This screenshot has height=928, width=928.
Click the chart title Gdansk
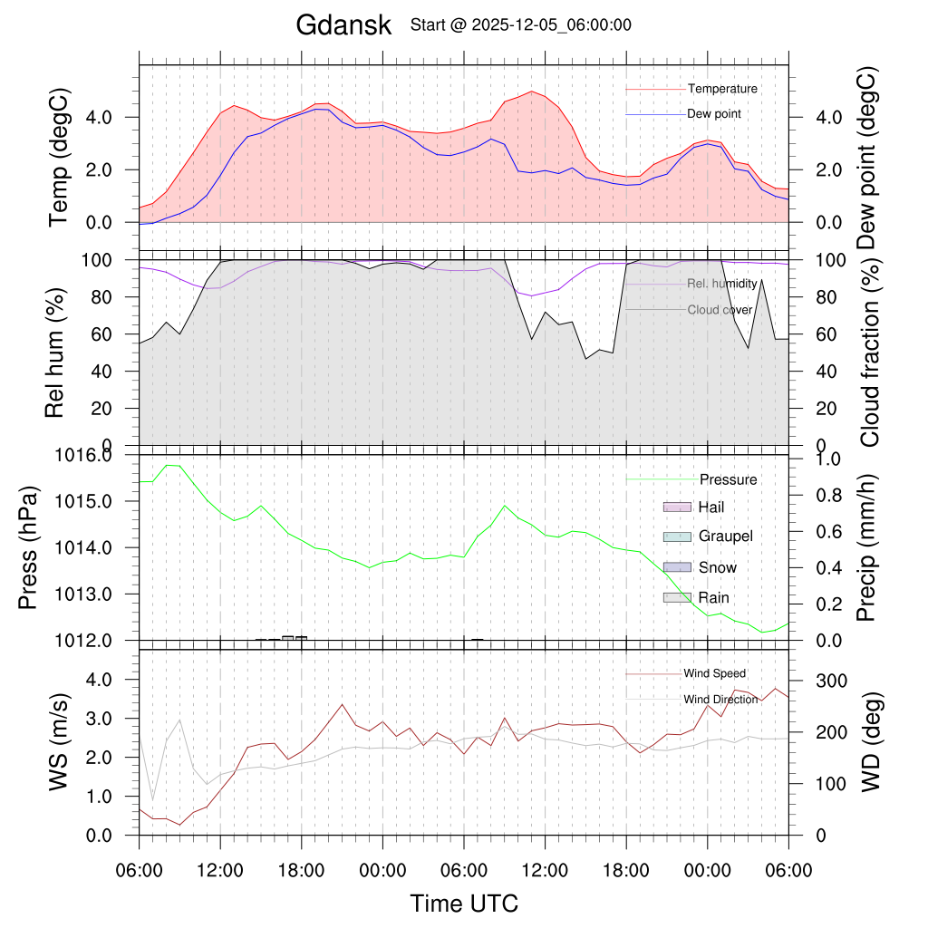(x=343, y=25)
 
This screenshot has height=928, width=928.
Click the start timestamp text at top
(x=520, y=25)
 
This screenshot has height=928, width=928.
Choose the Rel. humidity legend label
(x=721, y=284)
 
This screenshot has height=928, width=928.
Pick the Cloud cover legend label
(x=720, y=310)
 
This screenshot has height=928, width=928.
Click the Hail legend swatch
(x=677, y=507)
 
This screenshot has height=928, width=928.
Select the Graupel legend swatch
(x=677, y=536)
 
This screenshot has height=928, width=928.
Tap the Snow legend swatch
(x=677, y=567)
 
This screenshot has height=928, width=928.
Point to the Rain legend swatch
(x=677, y=598)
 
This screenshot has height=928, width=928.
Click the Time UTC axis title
(x=464, y=904)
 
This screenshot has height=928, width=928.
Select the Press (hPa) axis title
(x=30, y=548)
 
